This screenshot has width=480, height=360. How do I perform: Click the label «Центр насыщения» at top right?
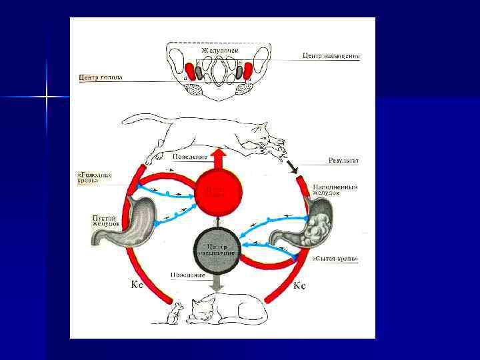pyautogui.click(x=331, y=57)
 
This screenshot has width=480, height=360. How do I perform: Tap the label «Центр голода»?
pyautogui.click(x=100, y=77)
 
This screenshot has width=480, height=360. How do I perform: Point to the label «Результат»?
pyautogui.click(x=344, y=161)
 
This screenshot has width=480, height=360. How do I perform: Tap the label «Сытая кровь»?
pyautogui.click(x=335, y=258)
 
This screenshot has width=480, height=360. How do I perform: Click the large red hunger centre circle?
pyautogui.click(x=218, y=189)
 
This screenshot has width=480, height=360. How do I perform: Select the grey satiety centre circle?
pyautogui.click(x=218, y=249)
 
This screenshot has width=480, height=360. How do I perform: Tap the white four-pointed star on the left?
pyautogui.click(x=47, y=97)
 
